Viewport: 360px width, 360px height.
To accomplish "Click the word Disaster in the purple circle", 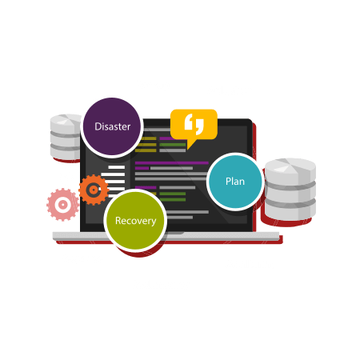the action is [x=113, y=126].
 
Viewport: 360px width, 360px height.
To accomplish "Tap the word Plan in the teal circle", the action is [x=235, y=182].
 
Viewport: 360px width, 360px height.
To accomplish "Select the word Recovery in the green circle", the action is [x=136, y=221].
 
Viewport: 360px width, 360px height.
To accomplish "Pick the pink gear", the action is [x=63, y=205].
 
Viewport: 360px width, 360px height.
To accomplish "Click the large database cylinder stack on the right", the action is [x=290, y=190].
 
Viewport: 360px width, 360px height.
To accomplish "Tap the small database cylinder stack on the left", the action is [x=66, y=137].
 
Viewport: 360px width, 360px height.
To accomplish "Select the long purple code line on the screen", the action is [x=172, y=162].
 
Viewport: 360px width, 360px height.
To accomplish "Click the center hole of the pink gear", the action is [x=63, y=205].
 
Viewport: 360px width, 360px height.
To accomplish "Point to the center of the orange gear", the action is [x=94, y=190].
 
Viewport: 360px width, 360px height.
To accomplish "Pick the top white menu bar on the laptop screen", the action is [x=117, y=167].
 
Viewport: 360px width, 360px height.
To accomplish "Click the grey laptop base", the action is [x=166, y=236].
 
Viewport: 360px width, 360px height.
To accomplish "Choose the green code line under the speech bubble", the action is [x=173, y=145].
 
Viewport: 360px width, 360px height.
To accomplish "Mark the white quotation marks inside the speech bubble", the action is [x=194, y=124].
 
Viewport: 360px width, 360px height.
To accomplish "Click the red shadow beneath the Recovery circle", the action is [x=138, y=253].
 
